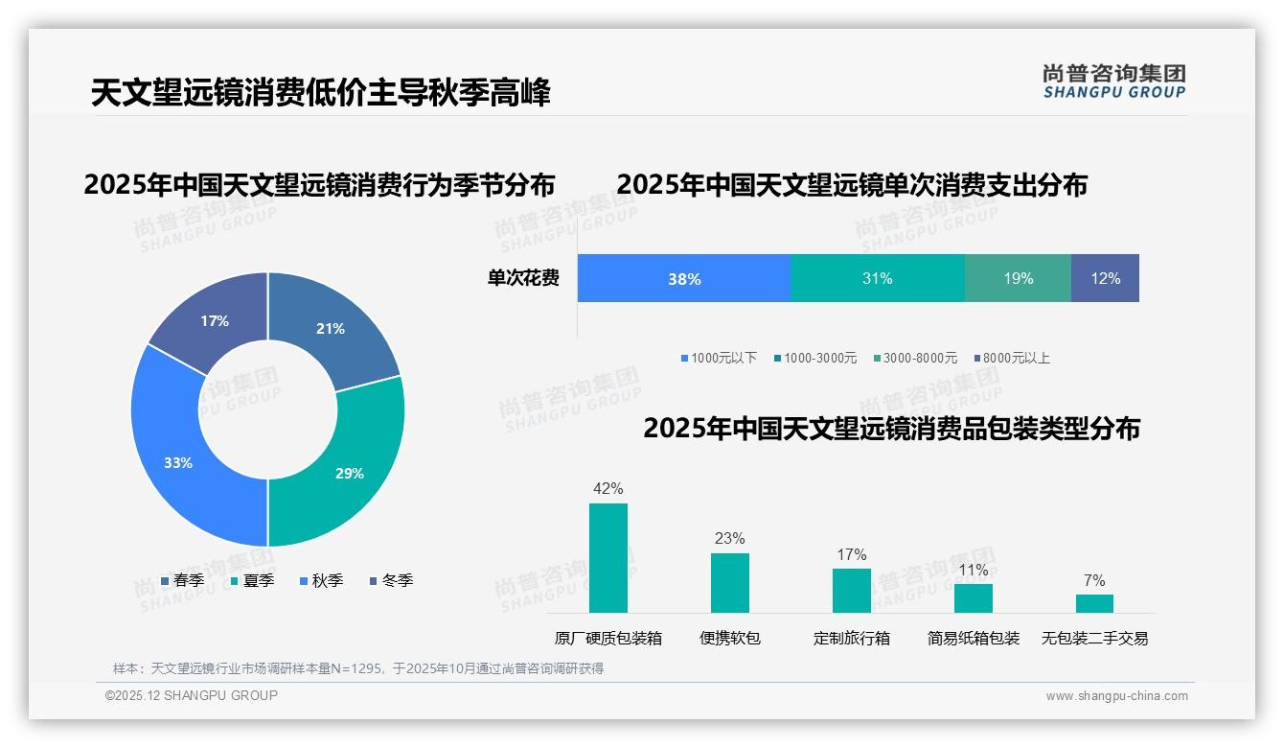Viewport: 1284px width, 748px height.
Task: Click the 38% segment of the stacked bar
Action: (x=684, y=278)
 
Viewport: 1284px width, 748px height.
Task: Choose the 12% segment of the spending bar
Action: (x=1105, y=278)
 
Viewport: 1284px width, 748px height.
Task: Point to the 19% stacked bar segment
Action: (x=1018, y=278)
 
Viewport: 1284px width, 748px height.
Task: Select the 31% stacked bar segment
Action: (x=877, y=278)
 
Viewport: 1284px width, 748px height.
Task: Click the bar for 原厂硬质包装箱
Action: (x=608, y=558)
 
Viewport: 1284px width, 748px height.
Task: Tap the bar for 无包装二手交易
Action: (x=1094, y=603)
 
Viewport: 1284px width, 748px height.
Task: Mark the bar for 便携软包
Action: (x=730, y=583)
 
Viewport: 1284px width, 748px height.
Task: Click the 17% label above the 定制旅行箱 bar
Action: (x=851, y=554)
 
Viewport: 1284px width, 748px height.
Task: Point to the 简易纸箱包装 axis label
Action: (x=974, y=638)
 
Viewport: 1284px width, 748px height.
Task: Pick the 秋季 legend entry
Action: (x=322, y=580)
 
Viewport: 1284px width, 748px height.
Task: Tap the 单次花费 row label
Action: (x=523, y=278)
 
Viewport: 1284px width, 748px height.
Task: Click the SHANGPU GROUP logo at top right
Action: (x=1113, y=81)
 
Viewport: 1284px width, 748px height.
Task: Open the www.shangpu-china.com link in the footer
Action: (x=1116, y=695)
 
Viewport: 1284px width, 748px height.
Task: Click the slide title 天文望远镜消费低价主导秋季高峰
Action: (x=321, y=93)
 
